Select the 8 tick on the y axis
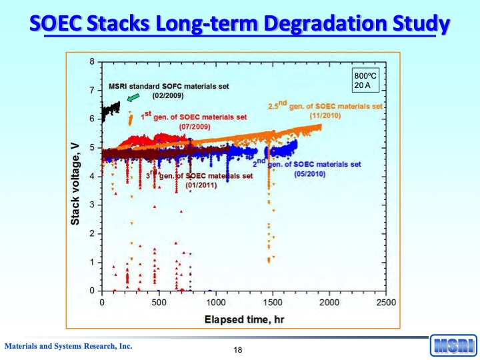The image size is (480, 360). (x=92, y=62)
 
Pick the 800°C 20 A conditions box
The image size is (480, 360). (x=365, y=81)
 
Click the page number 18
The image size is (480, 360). (x=238, y=351)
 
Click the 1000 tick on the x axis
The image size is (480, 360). (x=215, y=303)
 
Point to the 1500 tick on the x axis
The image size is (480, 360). (x=272, y=303)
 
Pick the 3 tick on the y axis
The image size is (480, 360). (x=92, y=205)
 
